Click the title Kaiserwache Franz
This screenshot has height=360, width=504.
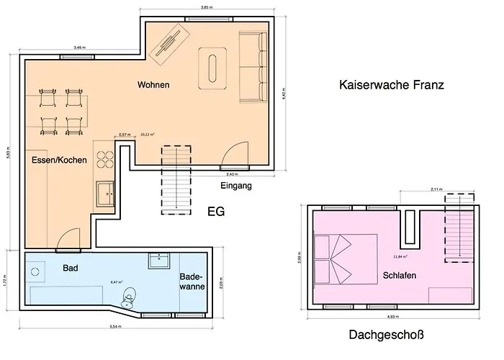[x=391, y=85]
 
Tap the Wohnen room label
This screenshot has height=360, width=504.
[x=153, y=85]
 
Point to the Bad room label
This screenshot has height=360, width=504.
[x=70, y=268]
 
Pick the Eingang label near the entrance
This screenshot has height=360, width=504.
[x=236, y=186]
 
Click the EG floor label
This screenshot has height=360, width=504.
[x=216, y=212]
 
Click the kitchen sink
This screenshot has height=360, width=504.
[x=106, y=193]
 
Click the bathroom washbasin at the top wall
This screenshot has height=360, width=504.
[x=158, y=259]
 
